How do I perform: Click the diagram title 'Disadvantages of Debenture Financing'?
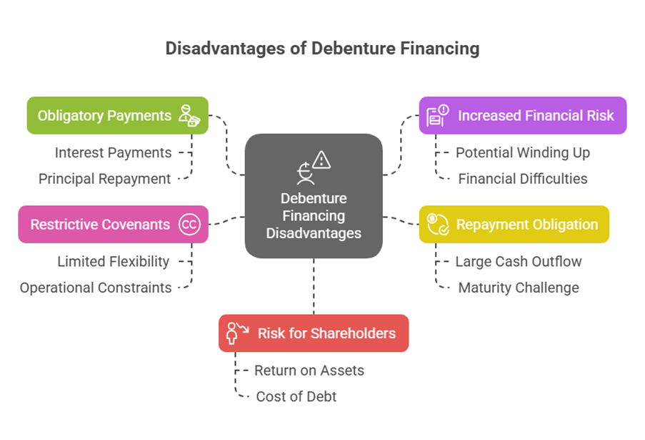click(322, 49)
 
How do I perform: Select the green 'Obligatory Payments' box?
click(117, 115)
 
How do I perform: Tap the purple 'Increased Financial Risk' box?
click(522, 115)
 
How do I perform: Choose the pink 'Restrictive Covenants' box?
click(113, 225)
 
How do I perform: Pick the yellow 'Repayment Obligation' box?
click(514, 225)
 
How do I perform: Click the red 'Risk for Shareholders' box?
click(314, 333)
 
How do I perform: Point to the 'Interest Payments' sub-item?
click(114, 152)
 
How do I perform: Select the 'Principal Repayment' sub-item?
click(105, 179)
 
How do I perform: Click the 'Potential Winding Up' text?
click(523, 152)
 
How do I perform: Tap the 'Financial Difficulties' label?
click(523, 179)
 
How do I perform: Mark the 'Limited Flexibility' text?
click(114, 262)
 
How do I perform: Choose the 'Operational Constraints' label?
click(96, 288)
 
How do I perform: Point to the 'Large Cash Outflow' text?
click(519, 262)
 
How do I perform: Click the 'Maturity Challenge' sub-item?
click(519, 288)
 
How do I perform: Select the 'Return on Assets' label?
click(309, 371)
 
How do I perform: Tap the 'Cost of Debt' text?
click(296, 396)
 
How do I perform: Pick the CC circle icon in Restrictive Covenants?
click(189, 225)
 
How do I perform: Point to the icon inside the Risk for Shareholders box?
click(236, 333)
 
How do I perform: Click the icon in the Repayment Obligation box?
click(437, 224)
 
